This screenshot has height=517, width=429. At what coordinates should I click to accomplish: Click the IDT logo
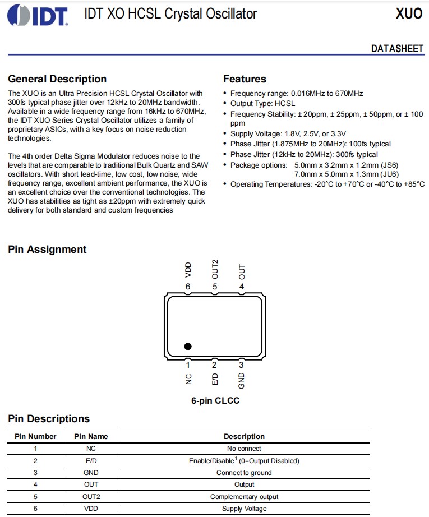point(38,15)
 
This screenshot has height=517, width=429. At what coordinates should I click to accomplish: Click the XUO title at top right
point(409,14)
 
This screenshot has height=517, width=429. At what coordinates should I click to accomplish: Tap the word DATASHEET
point(397,49)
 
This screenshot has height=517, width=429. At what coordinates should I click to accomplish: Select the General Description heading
point(57,79)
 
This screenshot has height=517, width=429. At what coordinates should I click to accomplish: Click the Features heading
point(245,79)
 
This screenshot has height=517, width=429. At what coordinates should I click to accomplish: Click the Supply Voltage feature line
point(288,134)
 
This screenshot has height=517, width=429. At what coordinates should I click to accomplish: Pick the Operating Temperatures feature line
point(327,184)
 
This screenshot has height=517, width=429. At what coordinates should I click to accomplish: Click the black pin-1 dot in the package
point(188,347)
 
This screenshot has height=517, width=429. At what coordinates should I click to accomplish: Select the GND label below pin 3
point(242,381)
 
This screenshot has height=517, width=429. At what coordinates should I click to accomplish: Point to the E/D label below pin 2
point(215,378)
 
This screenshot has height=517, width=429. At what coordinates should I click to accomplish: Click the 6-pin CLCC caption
point(215,401)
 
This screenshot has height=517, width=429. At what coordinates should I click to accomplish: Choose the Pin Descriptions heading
point(49,419)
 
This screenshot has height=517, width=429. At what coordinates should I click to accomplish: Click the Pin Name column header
point(91,436)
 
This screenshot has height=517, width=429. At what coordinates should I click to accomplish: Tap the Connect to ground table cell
point(244,473)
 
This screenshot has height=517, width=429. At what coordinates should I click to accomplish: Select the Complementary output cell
point(244,497)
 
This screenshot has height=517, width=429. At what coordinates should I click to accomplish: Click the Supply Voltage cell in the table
point(244,509)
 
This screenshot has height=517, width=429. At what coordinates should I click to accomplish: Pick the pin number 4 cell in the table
point(35,484)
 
